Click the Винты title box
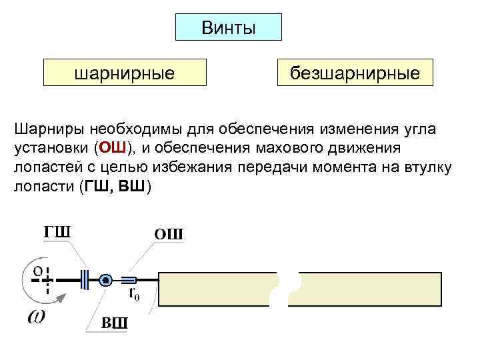click(x=228, y=27)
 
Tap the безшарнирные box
click(x=355, y=73)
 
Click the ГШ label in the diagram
click(x=57, y=231)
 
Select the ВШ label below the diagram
click(x=114, y=323)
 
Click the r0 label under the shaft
click(x=133, y=293)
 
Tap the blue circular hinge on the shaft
click(x=105, y=280)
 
